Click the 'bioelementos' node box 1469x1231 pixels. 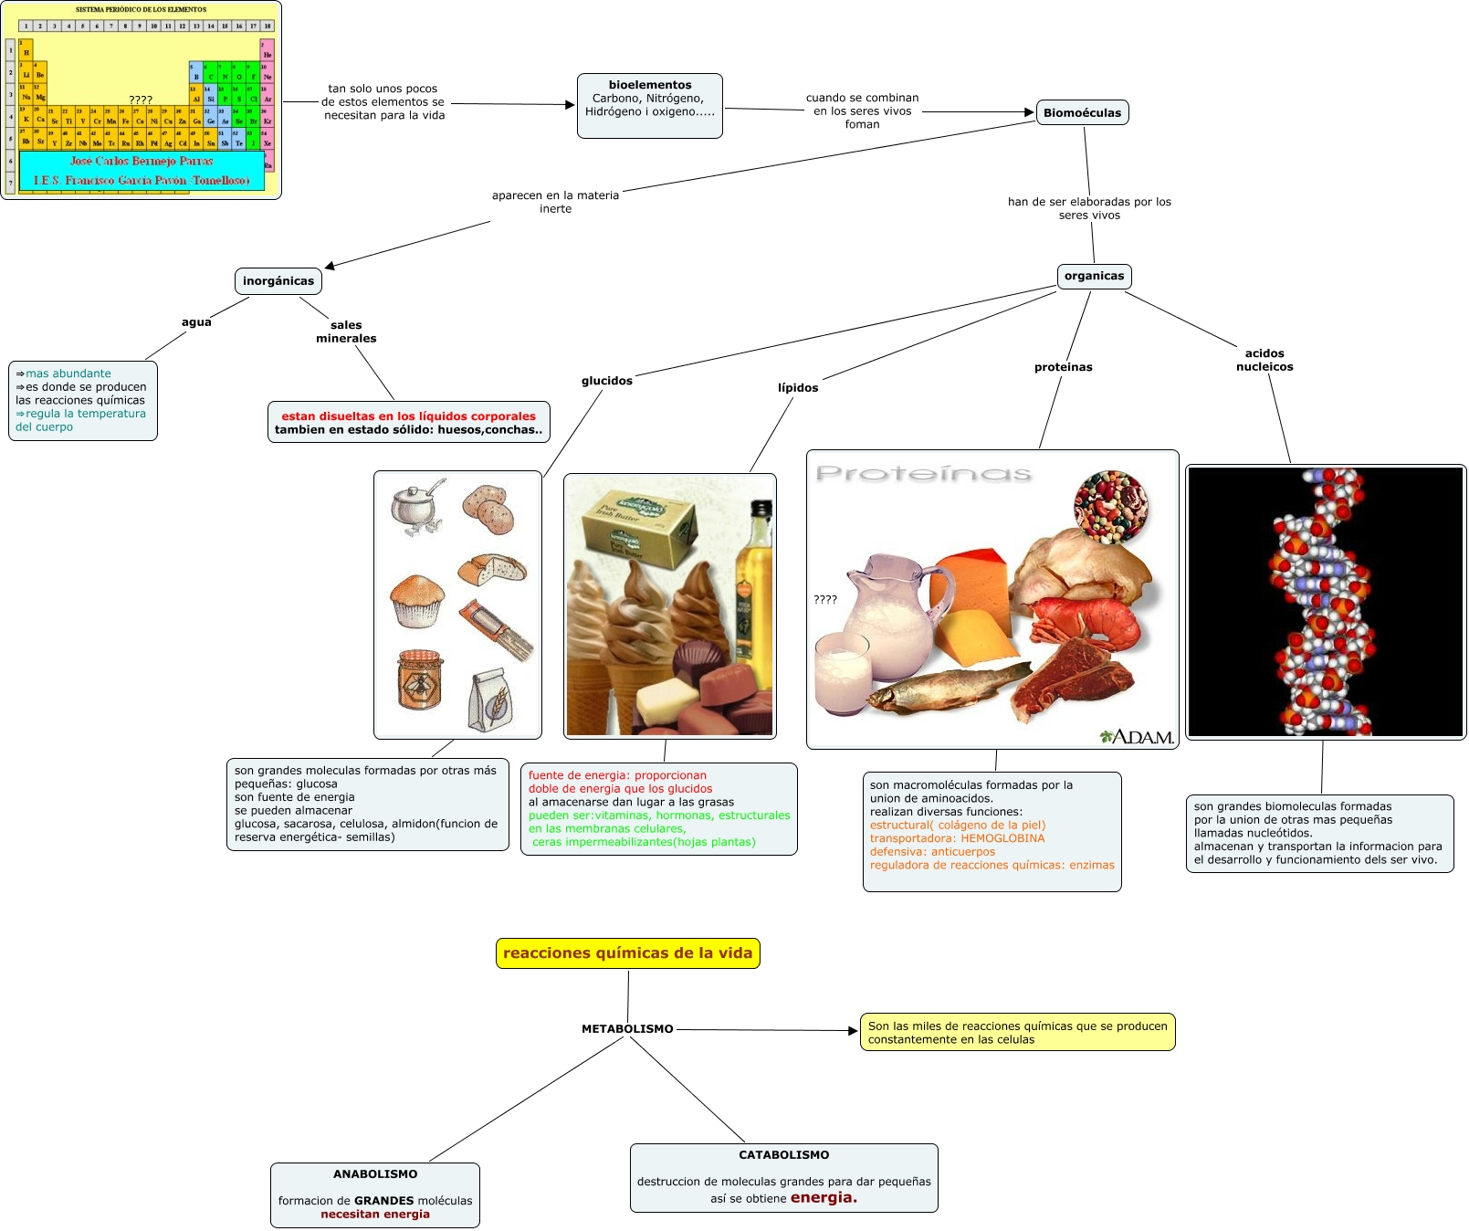[649, 105]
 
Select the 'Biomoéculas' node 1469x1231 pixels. [1082, 112]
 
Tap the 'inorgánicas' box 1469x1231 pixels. [278, 281]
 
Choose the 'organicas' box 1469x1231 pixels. [1094, 276]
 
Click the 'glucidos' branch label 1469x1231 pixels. [607, 381]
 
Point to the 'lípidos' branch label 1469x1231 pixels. [798, 388]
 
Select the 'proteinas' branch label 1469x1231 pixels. [1063, 367]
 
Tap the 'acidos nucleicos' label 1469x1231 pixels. [1264, 360]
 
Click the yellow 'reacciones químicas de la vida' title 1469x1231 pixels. [627, 953]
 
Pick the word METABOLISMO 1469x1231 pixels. [627, 1029]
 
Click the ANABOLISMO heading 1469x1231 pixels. [375, 1174]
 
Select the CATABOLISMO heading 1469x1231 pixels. [784, 1155]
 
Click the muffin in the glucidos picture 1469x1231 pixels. [417, 600]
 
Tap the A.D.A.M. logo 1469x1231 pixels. [1137, 736]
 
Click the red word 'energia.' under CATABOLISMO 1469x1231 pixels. [824, 1197]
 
